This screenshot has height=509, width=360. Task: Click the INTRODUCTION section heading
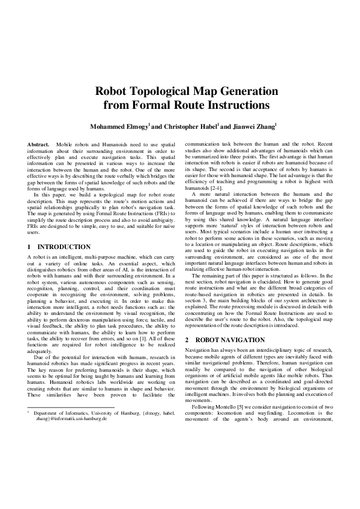click(x=64, y=247)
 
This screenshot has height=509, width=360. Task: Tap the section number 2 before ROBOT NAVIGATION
click(x=187, y=339)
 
